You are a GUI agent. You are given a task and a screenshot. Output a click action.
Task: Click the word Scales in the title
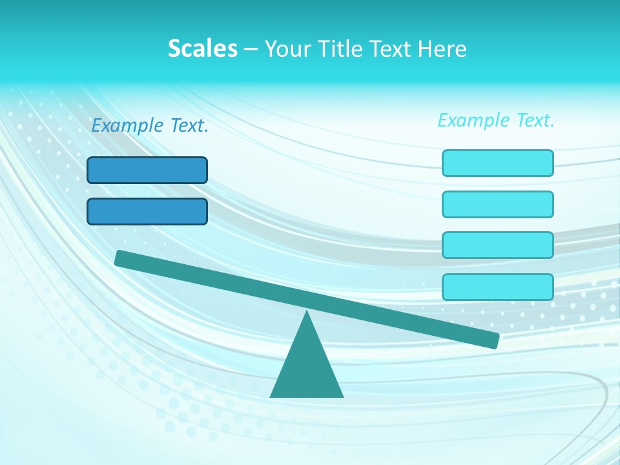203,48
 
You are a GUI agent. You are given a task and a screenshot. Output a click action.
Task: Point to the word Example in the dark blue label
127,126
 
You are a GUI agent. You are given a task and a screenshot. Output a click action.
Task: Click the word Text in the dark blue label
188,126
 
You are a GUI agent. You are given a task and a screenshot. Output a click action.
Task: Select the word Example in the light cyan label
473,120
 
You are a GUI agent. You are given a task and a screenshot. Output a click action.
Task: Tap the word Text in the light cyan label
534,120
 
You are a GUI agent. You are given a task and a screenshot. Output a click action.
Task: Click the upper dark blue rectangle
147,170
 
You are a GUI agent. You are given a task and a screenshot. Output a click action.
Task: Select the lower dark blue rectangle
147,211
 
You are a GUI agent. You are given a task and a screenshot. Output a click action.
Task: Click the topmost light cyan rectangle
498,163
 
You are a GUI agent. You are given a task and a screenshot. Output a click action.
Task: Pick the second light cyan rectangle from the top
498,204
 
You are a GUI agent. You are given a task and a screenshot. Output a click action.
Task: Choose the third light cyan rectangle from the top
498,245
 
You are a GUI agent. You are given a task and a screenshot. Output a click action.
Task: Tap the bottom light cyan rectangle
498,287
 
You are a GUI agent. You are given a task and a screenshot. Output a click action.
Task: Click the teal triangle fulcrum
307,368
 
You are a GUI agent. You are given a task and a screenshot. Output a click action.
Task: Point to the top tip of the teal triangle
307,313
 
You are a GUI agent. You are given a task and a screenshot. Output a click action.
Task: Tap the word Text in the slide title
396,48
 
